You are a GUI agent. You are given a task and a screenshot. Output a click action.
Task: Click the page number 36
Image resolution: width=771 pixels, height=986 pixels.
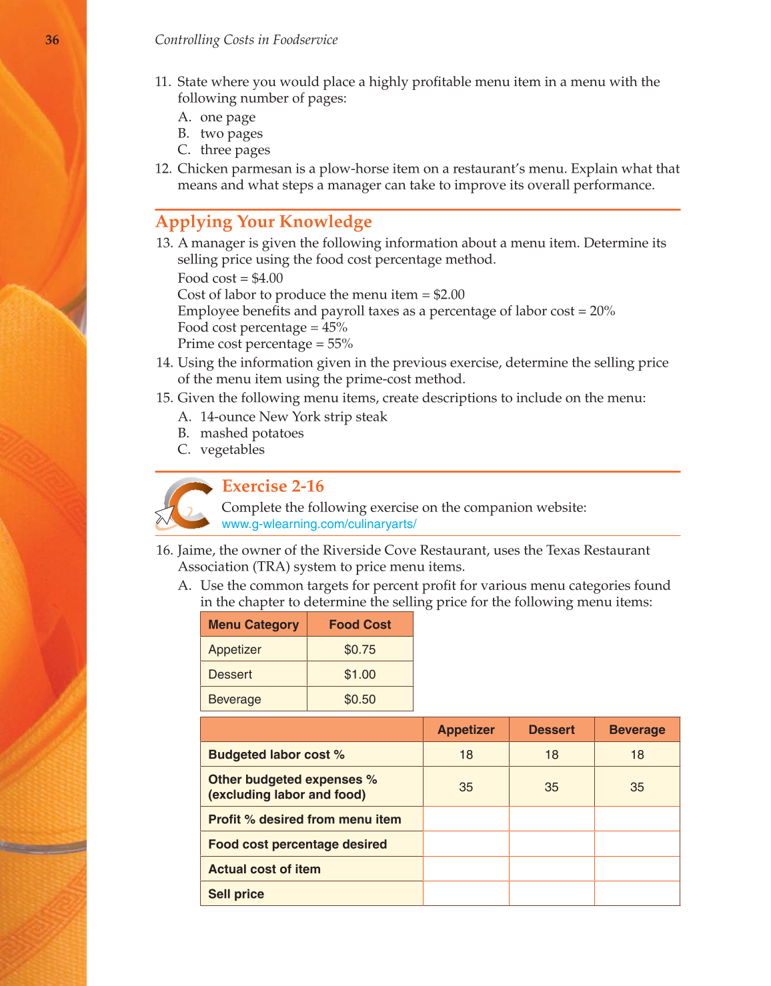52,40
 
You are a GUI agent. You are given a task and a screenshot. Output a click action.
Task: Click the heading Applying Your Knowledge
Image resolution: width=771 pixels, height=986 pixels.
263,222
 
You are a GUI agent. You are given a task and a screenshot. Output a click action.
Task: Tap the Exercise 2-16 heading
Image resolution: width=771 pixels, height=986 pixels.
273,486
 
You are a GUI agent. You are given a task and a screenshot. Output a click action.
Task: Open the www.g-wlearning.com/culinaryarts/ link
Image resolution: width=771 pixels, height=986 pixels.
319,524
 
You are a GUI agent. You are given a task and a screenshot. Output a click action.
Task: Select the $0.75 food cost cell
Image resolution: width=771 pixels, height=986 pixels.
360,649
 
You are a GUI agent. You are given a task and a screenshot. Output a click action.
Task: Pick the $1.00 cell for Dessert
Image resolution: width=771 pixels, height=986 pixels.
360,674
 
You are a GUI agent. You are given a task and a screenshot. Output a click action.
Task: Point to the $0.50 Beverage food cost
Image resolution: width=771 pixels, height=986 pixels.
360,699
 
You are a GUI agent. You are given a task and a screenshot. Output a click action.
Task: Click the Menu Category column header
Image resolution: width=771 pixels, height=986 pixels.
253,625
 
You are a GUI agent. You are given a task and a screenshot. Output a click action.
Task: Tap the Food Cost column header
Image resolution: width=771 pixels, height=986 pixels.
360,625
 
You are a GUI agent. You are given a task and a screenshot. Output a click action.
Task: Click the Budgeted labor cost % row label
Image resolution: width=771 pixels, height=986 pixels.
276,755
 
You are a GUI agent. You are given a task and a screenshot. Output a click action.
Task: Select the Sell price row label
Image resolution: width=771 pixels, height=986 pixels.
236,894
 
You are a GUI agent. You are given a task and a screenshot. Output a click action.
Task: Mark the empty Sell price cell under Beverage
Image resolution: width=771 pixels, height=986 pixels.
637,894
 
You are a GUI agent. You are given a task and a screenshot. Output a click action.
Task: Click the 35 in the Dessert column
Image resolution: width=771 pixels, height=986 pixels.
552,787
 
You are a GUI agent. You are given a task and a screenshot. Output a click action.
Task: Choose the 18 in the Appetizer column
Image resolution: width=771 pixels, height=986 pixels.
466,755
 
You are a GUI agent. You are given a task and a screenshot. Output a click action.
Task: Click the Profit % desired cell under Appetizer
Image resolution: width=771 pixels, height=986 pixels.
466,819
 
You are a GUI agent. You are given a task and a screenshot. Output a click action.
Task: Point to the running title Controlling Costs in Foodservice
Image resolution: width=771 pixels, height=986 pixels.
246,40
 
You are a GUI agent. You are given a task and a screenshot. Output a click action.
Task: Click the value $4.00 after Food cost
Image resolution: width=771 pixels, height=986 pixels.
267,278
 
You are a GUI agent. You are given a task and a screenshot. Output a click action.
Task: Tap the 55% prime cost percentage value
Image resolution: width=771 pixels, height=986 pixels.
340,344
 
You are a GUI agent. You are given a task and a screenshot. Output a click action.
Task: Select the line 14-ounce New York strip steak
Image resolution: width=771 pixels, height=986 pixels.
293,417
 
